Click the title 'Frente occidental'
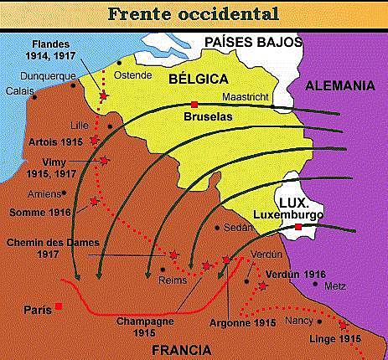[x=194, y=15]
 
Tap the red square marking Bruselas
[x=194, y=104]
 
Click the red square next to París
[x=58, y=306]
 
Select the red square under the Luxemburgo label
[x=298, y=227]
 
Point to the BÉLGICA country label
[x=199, y=79]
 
